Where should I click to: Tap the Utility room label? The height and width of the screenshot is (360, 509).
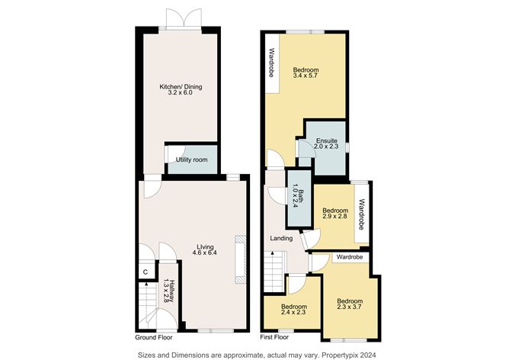coord(191,160)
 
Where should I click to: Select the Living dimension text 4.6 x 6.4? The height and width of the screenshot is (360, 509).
coord(203,252)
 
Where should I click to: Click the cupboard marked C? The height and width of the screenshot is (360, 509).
coord(146,272)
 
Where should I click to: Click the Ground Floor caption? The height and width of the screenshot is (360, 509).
coord(154,338)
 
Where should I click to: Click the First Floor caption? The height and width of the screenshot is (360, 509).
coord(274,337)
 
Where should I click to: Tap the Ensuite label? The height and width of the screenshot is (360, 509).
coord(327,141)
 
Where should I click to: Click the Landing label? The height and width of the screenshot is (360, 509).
coord(281,238)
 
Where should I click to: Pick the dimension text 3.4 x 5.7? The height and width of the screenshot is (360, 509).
coord(305,76)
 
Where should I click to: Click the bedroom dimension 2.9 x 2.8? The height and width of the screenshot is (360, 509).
coord(335,216)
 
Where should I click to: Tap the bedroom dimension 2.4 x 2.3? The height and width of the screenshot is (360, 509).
coord(294,312)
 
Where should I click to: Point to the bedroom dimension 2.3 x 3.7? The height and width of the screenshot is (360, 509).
coord(349,307)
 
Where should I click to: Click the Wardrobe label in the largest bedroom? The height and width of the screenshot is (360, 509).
coord(272,63)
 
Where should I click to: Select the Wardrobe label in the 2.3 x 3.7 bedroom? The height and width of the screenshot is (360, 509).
coord(349,257)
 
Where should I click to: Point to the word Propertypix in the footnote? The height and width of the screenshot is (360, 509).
coord(344,355)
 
